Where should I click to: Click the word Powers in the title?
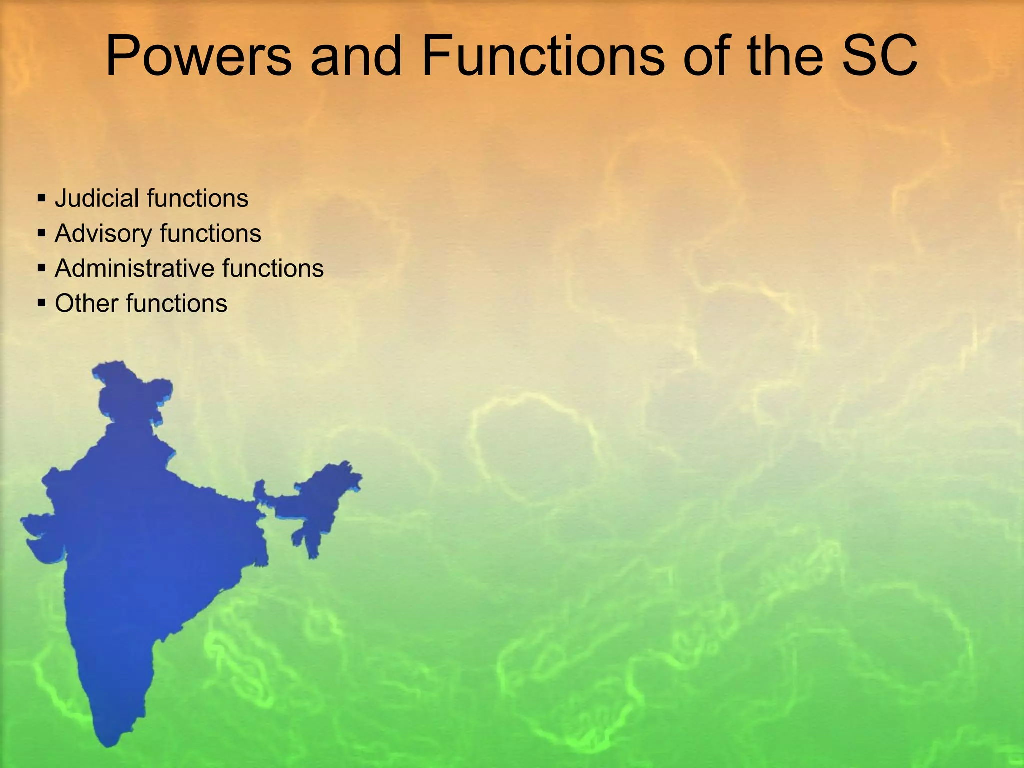[198, 56]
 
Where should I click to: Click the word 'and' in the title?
[356, 56]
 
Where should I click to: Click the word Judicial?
[97, 198]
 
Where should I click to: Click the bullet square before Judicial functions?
[42, 198]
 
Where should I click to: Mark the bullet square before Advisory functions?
[42, 233]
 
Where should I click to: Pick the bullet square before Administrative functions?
[42, 268]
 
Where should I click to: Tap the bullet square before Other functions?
[42, 303]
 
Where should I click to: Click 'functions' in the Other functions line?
[177, 303]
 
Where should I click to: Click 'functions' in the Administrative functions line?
[273, 268]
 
